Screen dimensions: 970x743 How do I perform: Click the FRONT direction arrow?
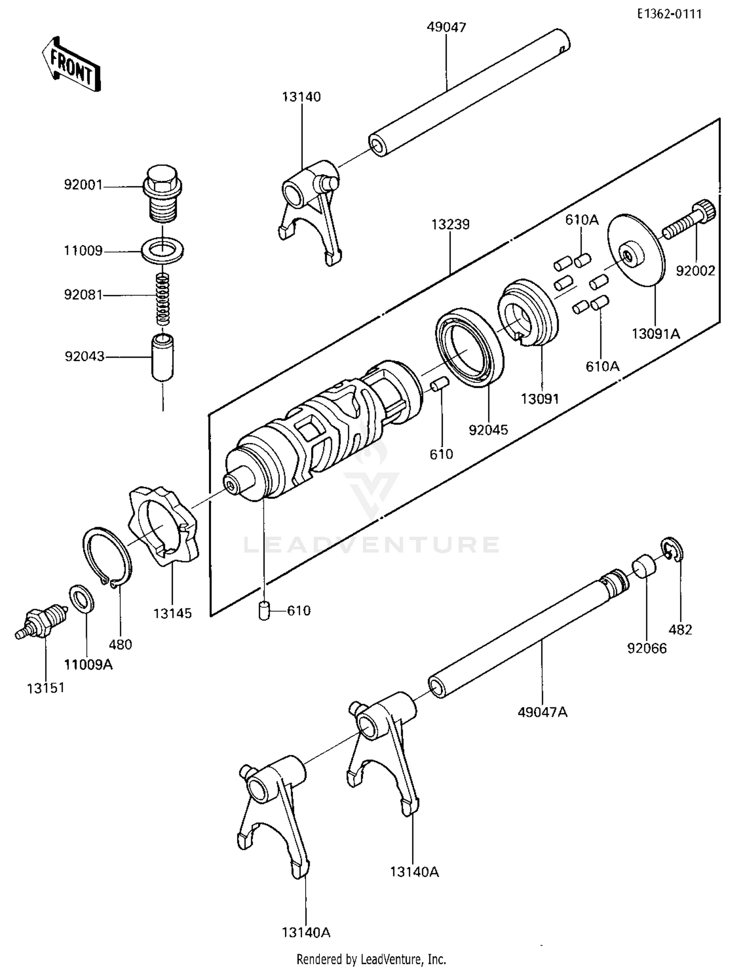70,64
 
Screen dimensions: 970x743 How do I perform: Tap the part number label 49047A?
542,712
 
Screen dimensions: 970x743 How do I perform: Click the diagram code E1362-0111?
669,14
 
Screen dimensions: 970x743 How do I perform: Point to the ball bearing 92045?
470,347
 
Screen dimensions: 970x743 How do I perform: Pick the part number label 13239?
450,224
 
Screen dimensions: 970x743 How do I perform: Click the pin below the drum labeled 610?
265,610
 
